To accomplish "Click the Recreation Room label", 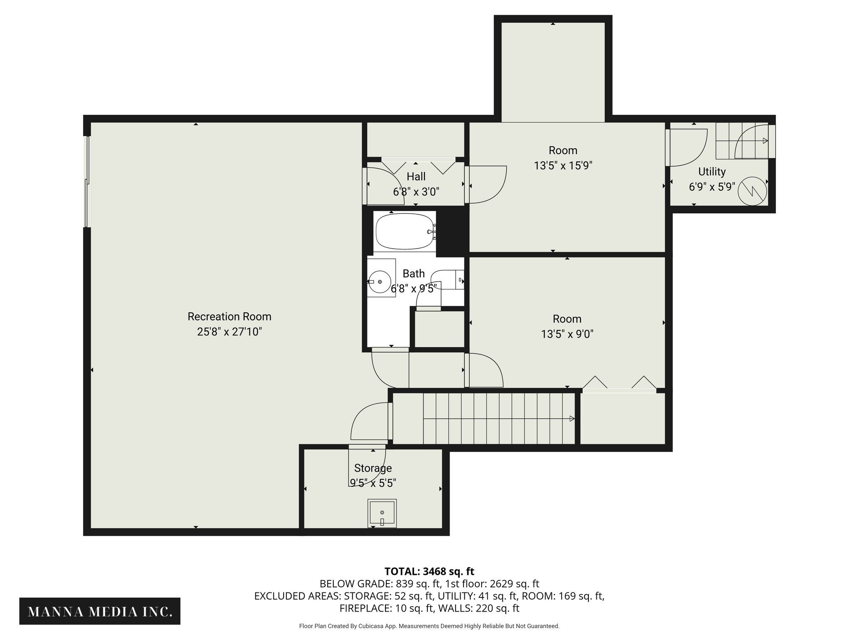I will point(229,317).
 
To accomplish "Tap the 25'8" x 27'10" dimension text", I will point(229,332).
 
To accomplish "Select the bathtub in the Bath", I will point(404,231).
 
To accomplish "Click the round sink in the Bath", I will point(380,281).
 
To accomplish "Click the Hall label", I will point(416,177).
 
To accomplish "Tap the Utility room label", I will point(712,171).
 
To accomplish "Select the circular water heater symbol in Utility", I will point(752,192).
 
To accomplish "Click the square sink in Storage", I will point(382,513).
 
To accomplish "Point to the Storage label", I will point(373,468).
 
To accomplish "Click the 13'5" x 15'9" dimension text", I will point(563,166).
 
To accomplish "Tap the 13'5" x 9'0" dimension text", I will point(567,334).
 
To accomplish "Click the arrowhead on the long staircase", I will point(572,418).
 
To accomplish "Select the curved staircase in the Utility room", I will point(744,141).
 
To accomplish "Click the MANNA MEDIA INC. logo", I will point(100,612).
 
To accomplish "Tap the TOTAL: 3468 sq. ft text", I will point(429,571).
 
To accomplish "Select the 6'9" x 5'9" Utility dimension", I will point(712,187).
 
